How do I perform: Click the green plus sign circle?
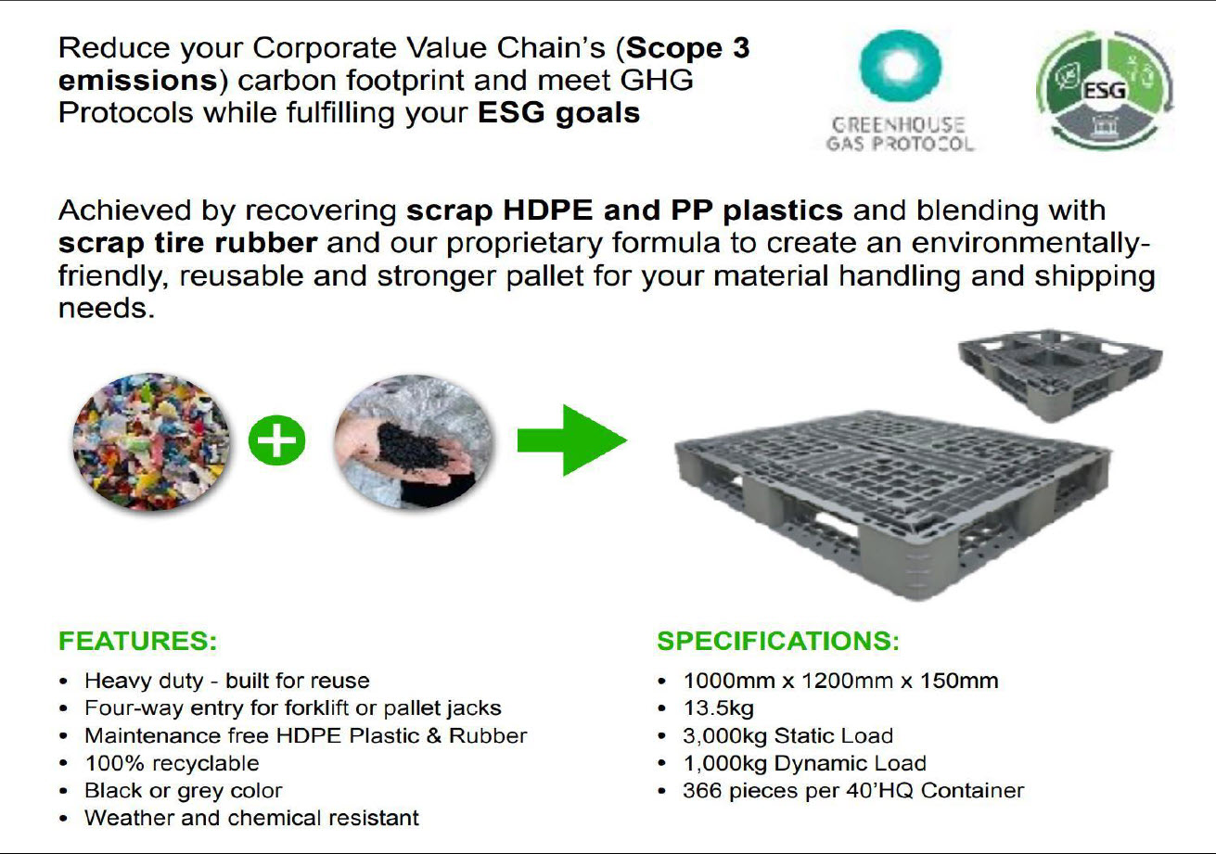(x=276, y=440)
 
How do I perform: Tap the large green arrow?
(x=572, y=440)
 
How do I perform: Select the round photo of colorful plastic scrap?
(x=151, y=441)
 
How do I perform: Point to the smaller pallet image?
(x=1059, y=374)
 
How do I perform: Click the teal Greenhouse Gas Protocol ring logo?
(x=902, y=66)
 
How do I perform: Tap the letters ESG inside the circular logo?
(x=1104, y=91)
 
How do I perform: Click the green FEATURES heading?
(x=138, y=641)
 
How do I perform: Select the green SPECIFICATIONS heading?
(x=778, y=641)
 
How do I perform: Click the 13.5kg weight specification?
(x=718, y=708)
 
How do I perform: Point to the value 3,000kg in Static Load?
(x=724, y=735)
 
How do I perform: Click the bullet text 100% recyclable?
(x=173, y=763)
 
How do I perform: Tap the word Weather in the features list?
(x=129, y=818)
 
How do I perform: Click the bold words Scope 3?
(x=688, y=48)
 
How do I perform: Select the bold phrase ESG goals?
(x=558, y=113)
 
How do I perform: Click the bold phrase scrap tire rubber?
(x=188, y=243)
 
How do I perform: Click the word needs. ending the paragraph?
(x=107, y=308)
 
